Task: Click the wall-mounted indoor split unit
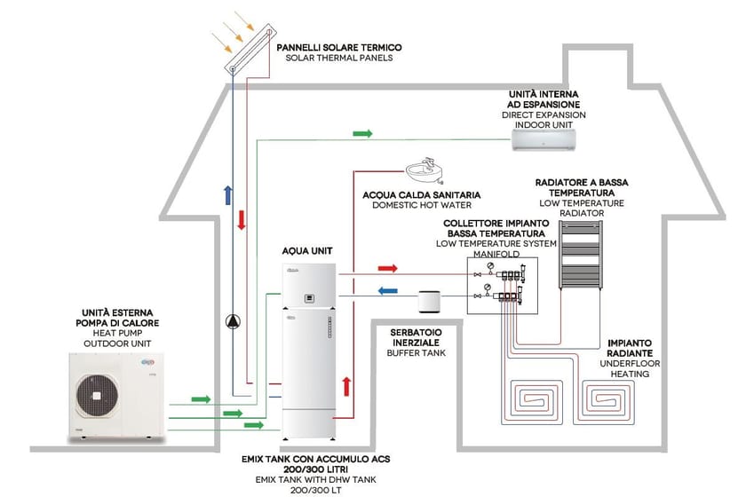550,134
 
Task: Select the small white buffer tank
430,301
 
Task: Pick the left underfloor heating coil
536,404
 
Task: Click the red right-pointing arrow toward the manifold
387,267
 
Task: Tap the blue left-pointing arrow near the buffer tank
387,289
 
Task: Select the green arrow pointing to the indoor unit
361,133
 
